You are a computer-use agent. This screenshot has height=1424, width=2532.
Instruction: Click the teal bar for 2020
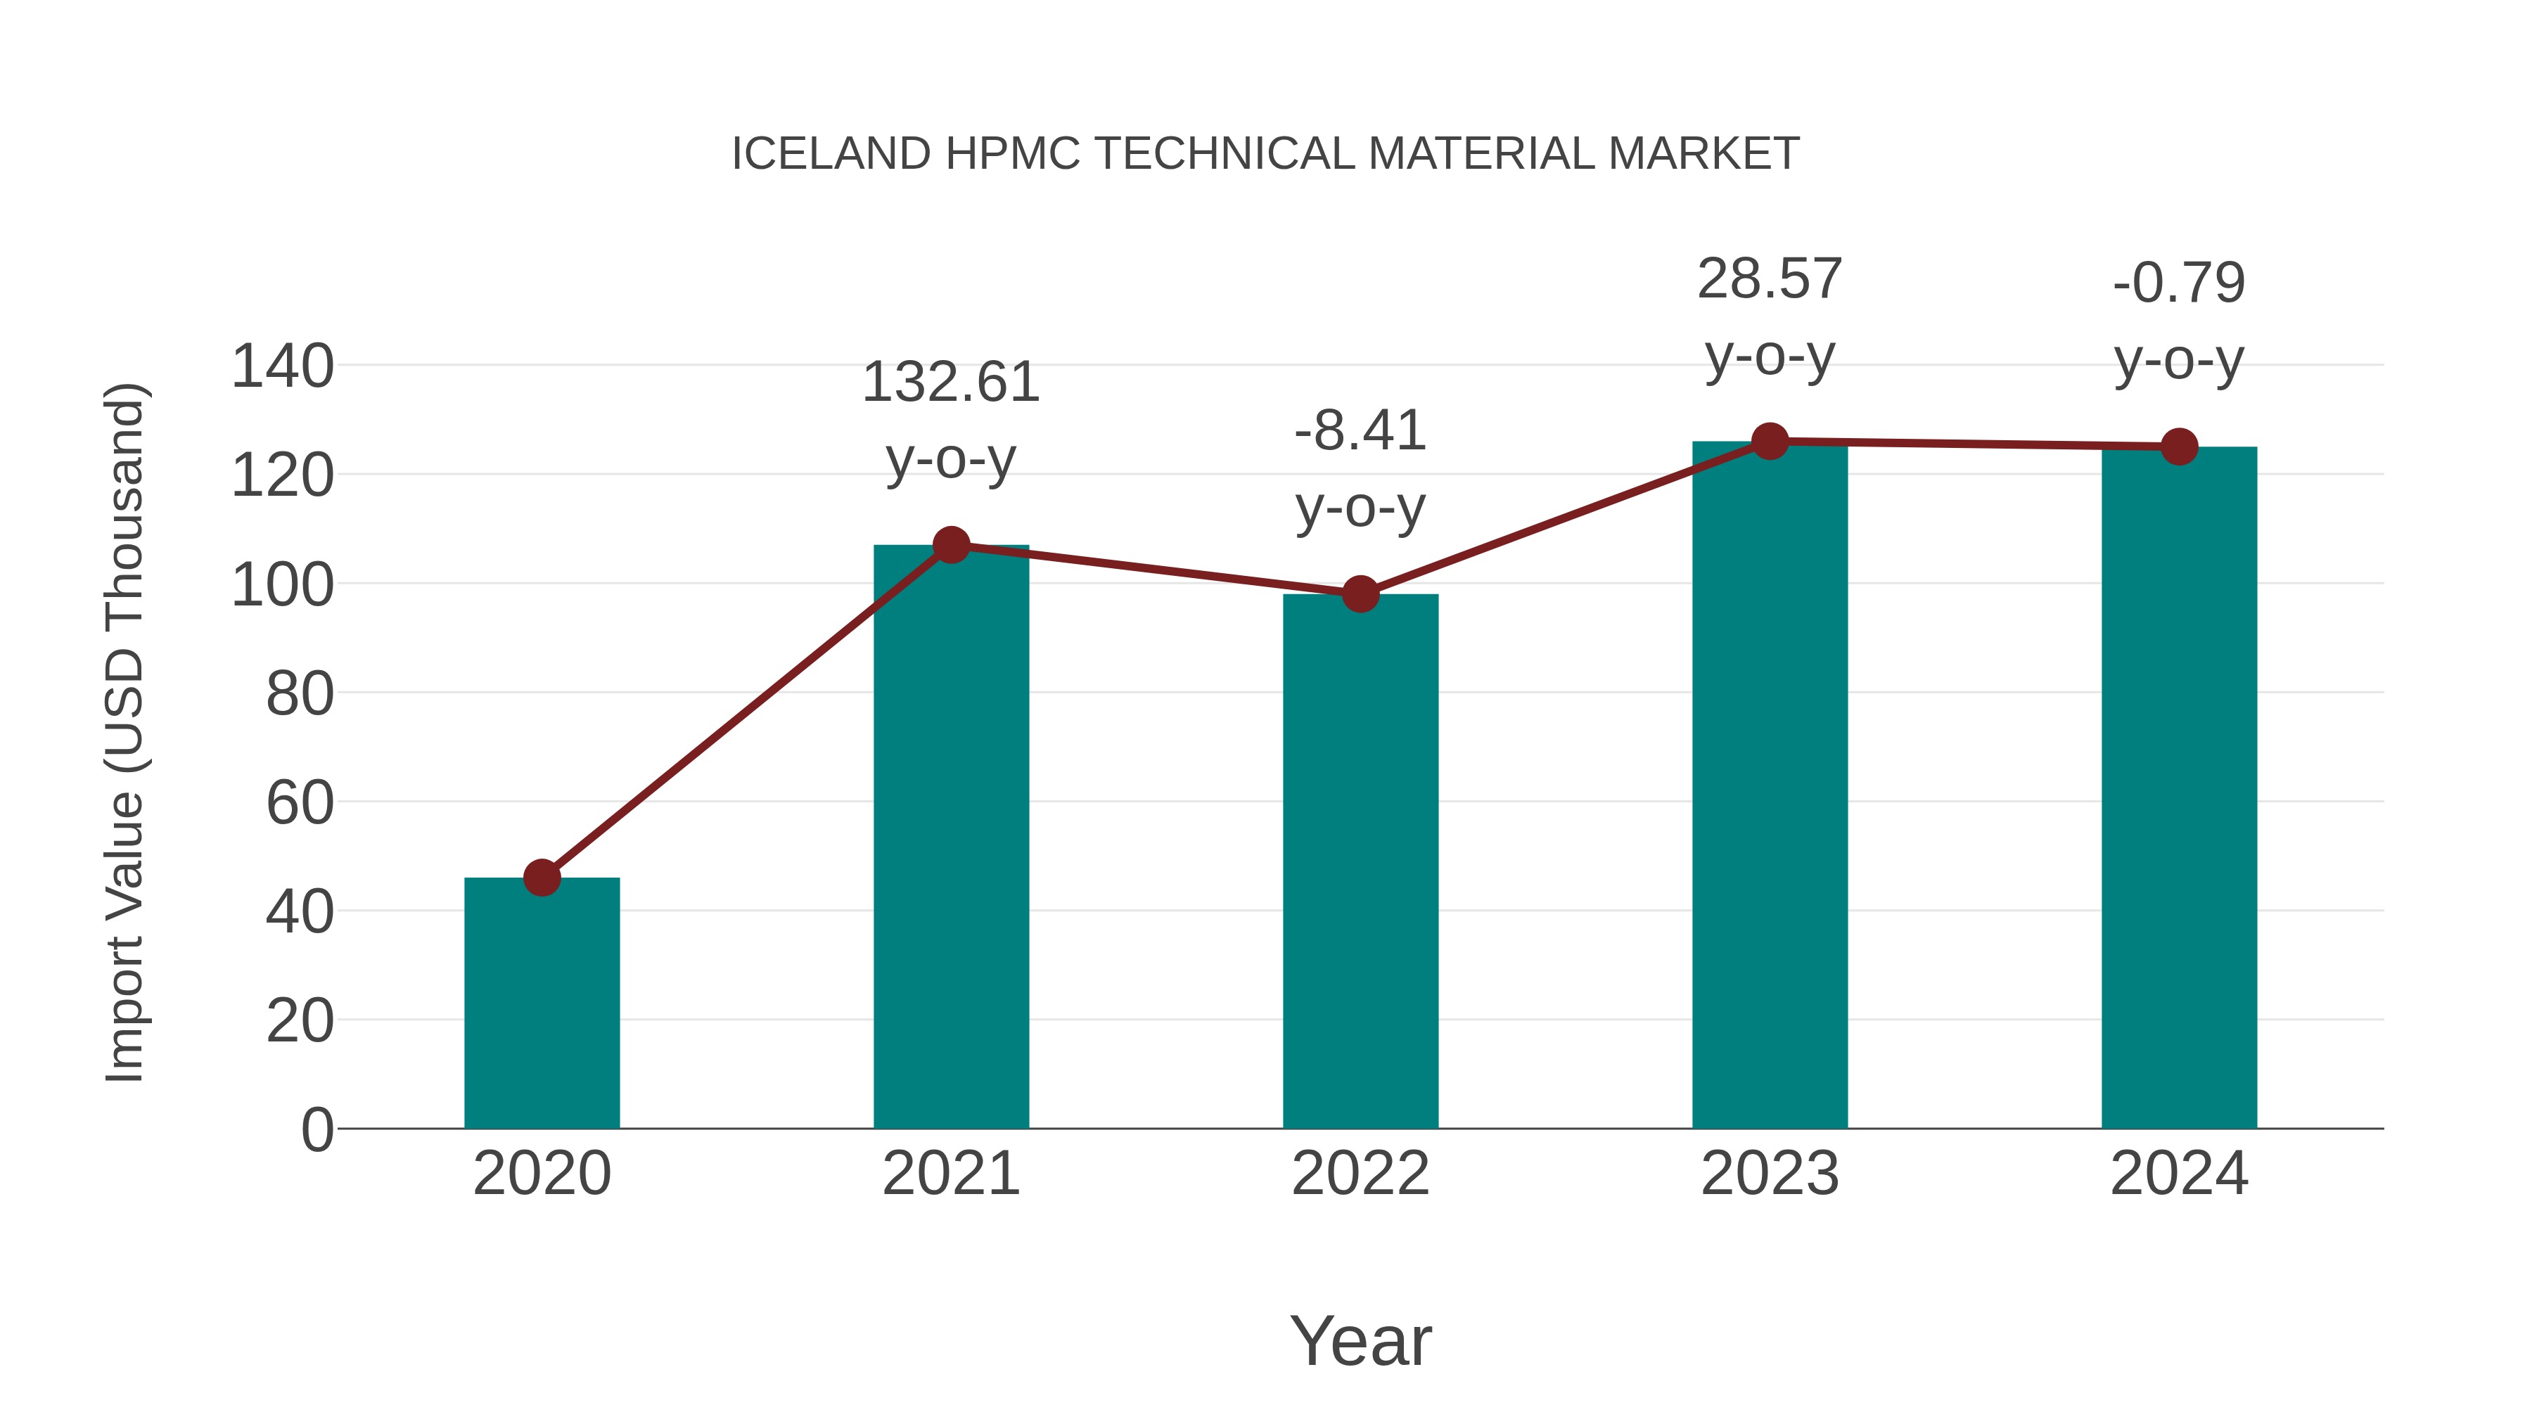coord(542,1002)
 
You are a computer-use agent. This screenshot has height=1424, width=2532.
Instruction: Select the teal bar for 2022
coord(1360,861)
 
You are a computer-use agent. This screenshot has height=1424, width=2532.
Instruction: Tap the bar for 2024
coord(2179,787)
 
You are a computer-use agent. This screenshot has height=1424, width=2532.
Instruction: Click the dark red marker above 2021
coord(950,544)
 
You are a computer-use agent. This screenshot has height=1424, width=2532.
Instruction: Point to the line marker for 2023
coord(1770,441)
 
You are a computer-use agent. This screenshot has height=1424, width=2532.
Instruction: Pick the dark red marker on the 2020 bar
coord(542,878)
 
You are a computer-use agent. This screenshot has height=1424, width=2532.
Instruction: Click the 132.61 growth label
coord(950,383)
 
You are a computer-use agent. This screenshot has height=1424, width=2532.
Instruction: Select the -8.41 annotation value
coord(1360,430)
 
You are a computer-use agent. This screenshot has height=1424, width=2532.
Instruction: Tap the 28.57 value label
coord(1770,279)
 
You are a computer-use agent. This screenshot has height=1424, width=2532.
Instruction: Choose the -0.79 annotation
coord(2179,283)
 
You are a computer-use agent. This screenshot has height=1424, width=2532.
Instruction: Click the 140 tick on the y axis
coord(282,366)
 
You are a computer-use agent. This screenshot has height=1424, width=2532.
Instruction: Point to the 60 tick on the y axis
coord(299,803)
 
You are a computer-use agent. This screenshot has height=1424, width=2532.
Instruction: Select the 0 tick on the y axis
coord(316,1130)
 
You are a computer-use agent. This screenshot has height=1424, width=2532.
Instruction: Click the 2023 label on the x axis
coord(1770,1174)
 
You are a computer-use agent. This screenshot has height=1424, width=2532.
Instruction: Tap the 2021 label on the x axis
coord(950,1174)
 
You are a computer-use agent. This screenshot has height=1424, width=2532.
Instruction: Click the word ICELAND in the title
coord(831,154)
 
